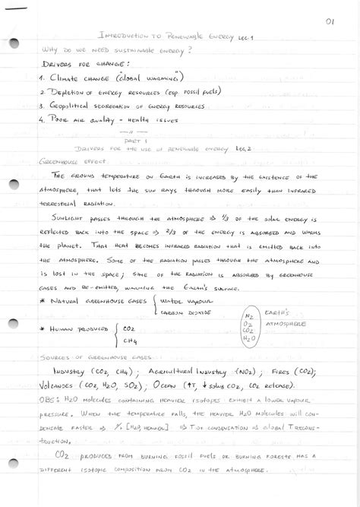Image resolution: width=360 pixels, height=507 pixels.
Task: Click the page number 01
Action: click(x=329, y=22)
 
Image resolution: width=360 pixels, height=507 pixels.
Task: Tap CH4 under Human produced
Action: click(x=128, y=341)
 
